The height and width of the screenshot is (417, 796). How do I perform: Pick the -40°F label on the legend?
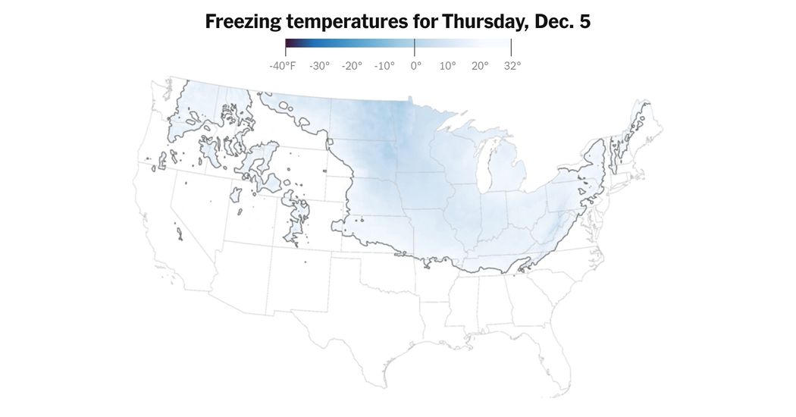282,66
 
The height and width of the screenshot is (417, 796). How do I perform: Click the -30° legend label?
319,66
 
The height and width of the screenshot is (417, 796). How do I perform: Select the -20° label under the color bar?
352,66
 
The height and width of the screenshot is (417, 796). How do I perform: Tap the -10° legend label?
384,66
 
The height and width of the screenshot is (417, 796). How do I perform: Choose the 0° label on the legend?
415,66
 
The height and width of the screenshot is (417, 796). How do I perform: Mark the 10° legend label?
448,66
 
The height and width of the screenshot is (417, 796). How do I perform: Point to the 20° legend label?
480,66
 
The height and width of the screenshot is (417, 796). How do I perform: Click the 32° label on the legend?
512,66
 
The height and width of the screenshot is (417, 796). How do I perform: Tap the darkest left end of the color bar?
289,47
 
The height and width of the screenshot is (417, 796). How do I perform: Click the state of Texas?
364,326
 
